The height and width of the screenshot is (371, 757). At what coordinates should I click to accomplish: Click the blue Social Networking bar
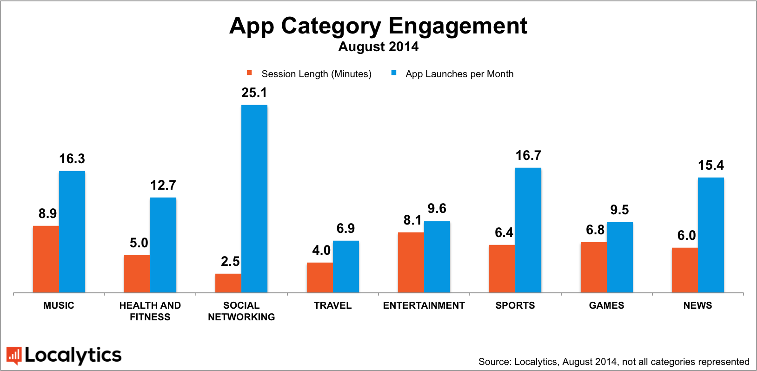[x=254, y=199]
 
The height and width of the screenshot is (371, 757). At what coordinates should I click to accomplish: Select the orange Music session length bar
[x=46, y=259]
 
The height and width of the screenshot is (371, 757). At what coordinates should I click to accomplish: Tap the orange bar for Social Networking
[x=228, y=283]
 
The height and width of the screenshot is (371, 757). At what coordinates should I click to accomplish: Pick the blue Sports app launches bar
[x=528, y=230]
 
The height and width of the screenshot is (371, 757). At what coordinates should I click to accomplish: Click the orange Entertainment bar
[x=411, y=262]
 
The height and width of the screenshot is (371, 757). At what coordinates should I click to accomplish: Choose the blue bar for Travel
[x=346, y=266]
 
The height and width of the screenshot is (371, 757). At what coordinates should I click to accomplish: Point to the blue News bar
[x=711, y=235]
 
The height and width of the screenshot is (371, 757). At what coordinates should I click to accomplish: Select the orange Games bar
[x=594, y=267]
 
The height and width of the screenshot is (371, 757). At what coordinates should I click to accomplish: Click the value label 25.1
[x=254, y=93]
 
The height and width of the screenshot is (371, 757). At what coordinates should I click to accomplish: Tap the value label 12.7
[x=163, y=185]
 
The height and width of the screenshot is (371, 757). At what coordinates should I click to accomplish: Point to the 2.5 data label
[x=230, y=262]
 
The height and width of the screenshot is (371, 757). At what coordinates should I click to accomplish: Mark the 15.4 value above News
[x=711, y=166]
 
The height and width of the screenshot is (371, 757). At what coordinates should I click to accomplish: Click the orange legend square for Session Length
[x=249, y=73]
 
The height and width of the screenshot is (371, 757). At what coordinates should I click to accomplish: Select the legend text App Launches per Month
[x=459, y=74]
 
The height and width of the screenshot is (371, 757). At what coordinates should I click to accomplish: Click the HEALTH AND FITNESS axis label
[x=150, y=311]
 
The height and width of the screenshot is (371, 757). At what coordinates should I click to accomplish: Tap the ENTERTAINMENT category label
[x=424, y=305]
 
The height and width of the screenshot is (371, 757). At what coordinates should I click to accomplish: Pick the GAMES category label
[x=606, y=305]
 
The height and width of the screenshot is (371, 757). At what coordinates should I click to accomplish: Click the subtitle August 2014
[x=378, y=47]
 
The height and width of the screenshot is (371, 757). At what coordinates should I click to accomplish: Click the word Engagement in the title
[x=458, y=26]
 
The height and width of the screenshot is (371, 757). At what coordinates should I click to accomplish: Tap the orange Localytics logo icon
[x=14, y=356]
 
